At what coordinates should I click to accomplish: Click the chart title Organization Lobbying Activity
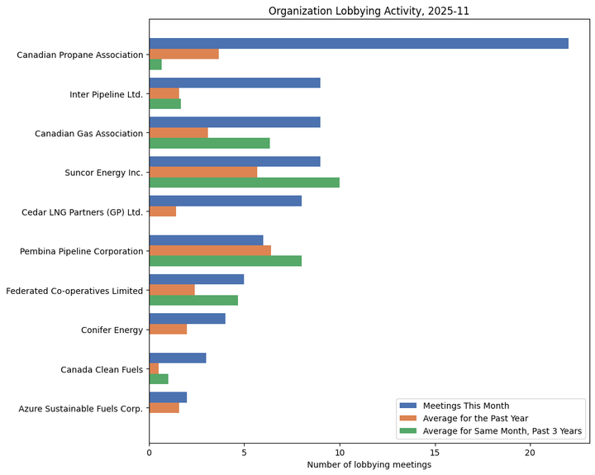[369, 11]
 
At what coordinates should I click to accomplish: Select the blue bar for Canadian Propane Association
[359, 43]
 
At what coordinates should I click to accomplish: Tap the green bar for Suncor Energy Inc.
[244, 183]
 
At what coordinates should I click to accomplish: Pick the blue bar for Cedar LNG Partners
[225, 201]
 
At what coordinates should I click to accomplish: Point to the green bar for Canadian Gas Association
[209, 143]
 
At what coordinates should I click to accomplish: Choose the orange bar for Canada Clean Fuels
[154, 368]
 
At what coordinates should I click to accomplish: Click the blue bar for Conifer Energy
[187, 318]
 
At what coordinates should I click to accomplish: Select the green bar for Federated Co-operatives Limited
[193, 300]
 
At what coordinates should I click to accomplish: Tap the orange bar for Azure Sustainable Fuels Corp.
[164, 407]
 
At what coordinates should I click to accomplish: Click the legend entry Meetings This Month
[466, 406]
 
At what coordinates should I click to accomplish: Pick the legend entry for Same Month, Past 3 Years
[502, 430]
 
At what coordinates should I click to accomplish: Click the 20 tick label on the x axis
[530, 452]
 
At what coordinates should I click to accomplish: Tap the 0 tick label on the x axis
[150, 452]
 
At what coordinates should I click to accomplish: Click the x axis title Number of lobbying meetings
[369, 465]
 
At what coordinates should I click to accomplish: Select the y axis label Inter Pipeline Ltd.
[106, 93]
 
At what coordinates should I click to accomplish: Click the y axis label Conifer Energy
[112, 330]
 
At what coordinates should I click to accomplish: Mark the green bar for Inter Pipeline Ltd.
[164, 104]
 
